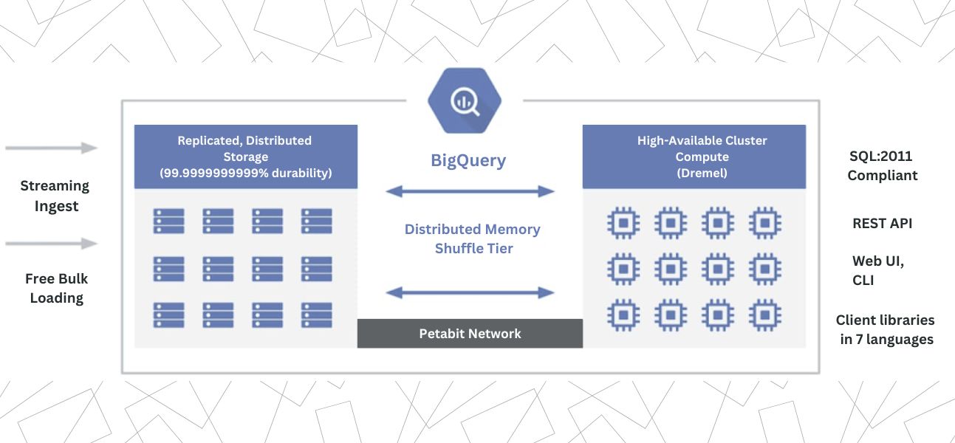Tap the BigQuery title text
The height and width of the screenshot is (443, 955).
point(468,160)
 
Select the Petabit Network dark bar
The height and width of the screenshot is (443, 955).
point(470,334)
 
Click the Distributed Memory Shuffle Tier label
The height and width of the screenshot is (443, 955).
point(473,239)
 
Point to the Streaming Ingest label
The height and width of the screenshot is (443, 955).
point(55,196)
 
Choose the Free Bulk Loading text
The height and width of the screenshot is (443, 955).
point(56,288)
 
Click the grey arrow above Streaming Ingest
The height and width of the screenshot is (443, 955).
point(51,148)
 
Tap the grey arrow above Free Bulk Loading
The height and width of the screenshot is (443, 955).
point(51,244)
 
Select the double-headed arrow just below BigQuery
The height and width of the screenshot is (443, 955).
point(470,192)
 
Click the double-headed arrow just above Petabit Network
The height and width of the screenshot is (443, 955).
point(470,293)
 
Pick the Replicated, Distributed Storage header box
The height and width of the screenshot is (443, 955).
point(245,157)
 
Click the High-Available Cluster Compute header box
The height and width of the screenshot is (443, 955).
point(694,157)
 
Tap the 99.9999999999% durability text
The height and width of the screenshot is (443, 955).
point(245,174)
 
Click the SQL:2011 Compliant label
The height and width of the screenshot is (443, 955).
point(882,166)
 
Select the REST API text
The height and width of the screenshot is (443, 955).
point(882,223)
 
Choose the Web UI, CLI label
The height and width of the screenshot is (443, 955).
point(877,270)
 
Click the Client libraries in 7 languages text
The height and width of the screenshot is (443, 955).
point(886,330)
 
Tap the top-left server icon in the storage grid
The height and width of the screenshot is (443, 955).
point(168,221)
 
